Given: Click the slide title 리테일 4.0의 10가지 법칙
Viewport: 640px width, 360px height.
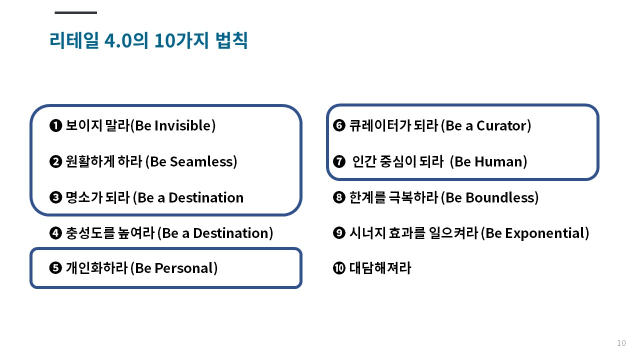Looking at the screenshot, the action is tap(148, 40).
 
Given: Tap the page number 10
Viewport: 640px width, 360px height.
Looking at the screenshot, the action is tap(621, 343).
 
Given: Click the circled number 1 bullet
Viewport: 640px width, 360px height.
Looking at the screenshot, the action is tap(55, 125).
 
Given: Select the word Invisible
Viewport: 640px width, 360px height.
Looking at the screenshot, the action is tap(185, 125).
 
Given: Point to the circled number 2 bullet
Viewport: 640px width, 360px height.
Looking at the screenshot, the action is tap(55, 161).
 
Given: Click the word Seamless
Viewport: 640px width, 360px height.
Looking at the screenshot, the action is tap(203, 161).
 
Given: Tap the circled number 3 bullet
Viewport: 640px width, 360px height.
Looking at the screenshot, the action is tap(55, 197).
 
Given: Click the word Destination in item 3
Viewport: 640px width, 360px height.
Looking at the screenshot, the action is tap(206, 197).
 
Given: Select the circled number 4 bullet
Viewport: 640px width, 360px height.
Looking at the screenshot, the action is tap(55, 233).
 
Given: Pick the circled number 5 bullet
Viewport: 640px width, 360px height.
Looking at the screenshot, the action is tap(55, 268).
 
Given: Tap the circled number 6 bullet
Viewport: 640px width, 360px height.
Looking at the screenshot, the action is tap(339, 125).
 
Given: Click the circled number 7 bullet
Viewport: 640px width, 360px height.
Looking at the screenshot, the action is tap(339, 161).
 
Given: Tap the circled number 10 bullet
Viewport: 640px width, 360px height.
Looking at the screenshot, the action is tap(339, 268).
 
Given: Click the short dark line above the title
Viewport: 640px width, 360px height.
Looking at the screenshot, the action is tap(75, 12).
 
